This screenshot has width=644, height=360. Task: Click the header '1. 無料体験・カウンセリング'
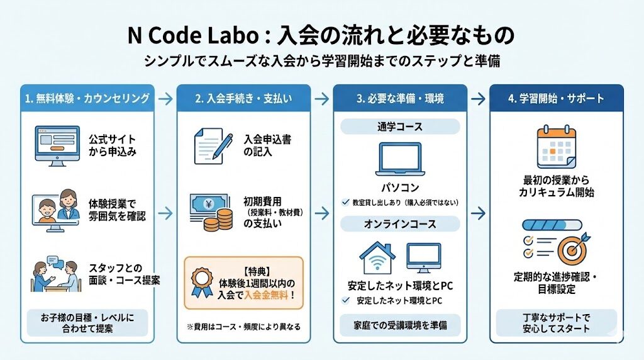tap(87, 98)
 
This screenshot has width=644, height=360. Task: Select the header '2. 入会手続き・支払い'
tap(243, 98)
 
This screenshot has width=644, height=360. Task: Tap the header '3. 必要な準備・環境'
tap(400, 98)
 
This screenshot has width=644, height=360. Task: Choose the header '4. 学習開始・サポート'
tap(557, 98)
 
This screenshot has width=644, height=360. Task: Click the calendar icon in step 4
tap(557, 147)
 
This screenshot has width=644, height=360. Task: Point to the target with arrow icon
tap(572, 247)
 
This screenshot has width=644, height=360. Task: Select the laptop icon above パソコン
tap(400, 160)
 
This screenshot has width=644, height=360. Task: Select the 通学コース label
tap(400, 127)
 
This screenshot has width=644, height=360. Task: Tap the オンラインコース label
tap(400, 223)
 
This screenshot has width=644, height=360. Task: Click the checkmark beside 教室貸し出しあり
tap(345, 203)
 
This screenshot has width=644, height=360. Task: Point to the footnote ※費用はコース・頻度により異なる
tap(243, 327)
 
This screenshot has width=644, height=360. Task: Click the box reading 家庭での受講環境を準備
tap(400, 325)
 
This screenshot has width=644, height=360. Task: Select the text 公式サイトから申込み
tap(114, 145)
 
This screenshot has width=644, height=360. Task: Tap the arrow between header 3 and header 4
tap(478, 98)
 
